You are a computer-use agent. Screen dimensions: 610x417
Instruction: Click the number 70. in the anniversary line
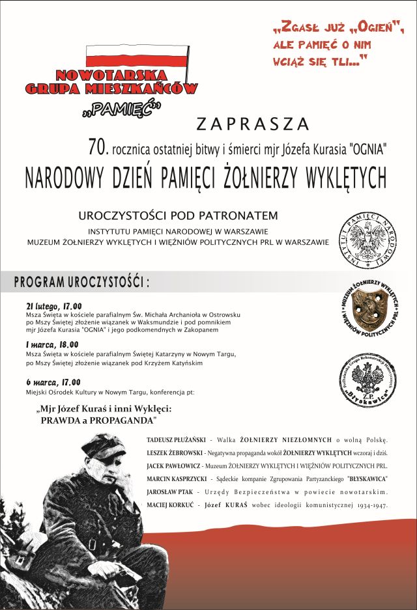click(97, 147)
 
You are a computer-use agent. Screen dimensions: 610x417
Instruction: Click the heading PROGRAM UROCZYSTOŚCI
click(81, 282)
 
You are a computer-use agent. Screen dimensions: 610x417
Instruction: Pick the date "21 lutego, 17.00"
click(54, 305)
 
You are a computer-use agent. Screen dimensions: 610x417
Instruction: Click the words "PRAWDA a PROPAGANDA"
click(94, 421)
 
